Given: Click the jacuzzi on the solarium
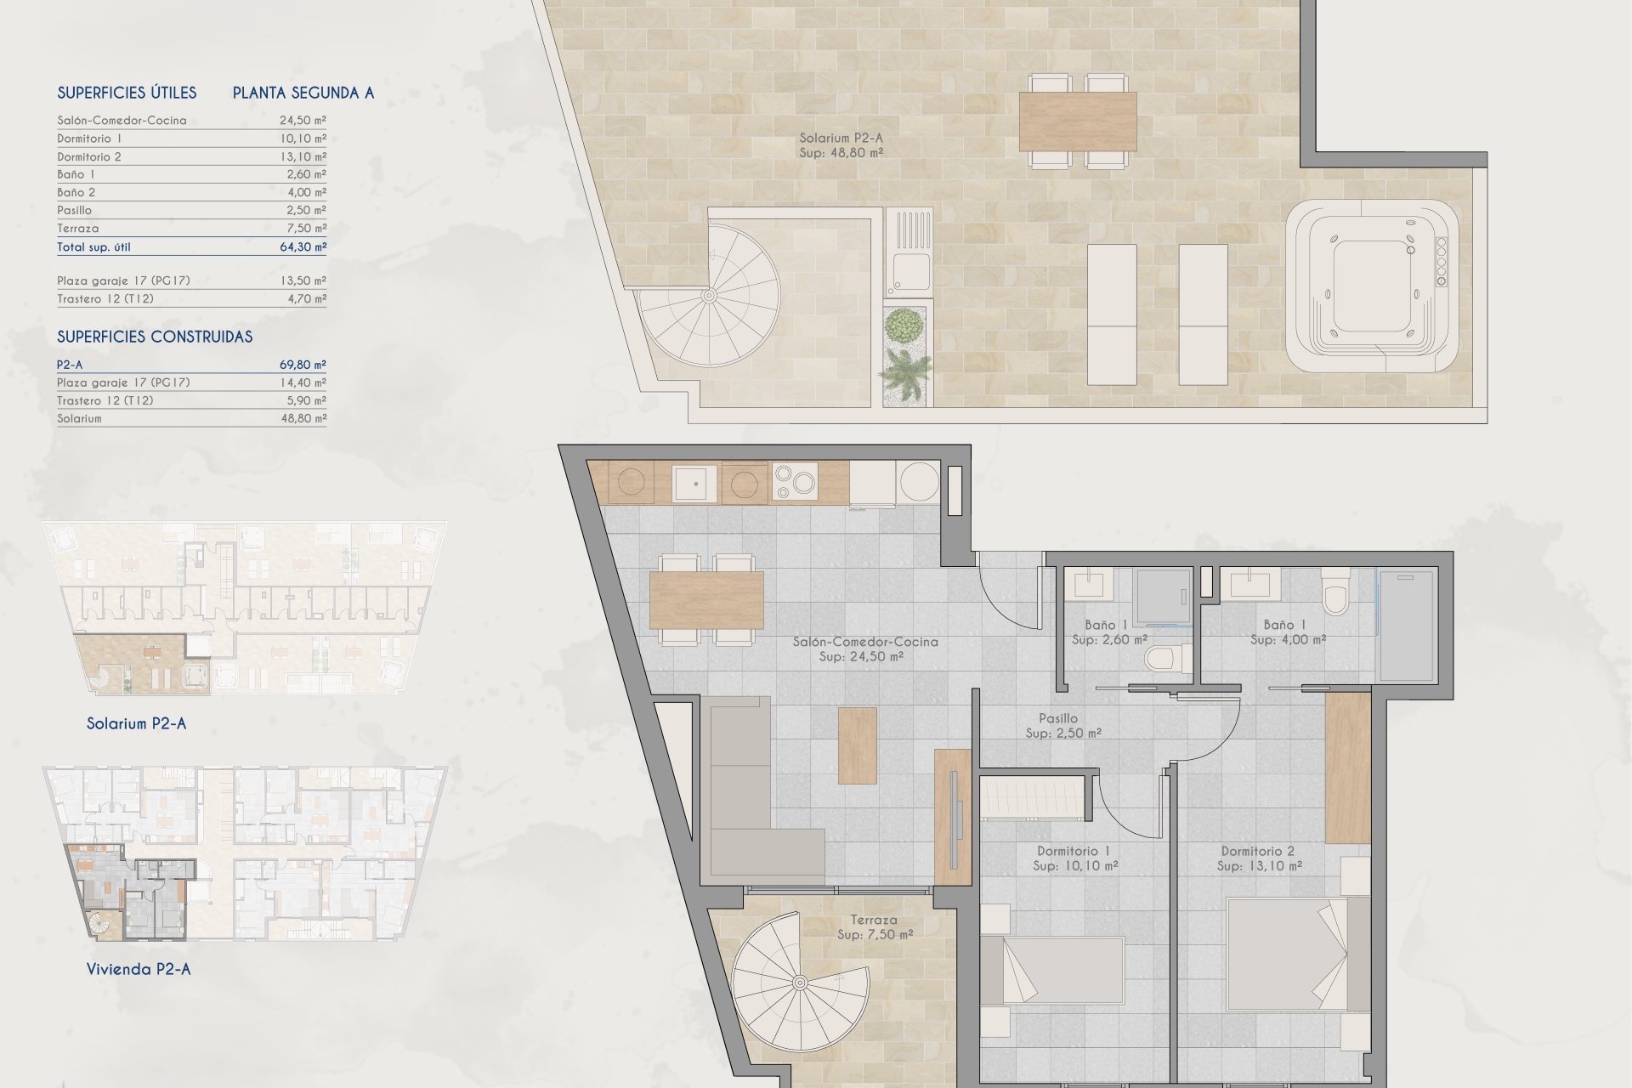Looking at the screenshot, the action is (x=1372, y=286).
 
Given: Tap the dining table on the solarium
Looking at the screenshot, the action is (x=1078, y=121).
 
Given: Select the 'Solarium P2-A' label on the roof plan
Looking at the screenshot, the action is (x=841, y=138).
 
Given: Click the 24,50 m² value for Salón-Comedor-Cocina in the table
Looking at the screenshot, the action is (x=303, y=121).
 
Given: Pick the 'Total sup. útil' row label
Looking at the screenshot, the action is (x=94, y=247).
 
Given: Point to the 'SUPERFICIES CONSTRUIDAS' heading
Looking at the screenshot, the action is (x=155, y=337).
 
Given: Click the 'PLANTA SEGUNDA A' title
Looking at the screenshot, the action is (x=303, y=93).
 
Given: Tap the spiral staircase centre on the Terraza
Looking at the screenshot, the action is (x=800, y=983).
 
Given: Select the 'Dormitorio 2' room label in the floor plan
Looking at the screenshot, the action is (x=1258, y=851).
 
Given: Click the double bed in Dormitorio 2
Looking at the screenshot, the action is (x=1299, y=954).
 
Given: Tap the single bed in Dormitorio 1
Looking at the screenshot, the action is (x=1052, y=971).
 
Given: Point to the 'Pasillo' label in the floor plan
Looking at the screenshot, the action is (x=1058, y=718).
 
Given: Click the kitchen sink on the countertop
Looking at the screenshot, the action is (x=695, y=484).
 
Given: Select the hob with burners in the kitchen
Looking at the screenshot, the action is (x=795, y=482).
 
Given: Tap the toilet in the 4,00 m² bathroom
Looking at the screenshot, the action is (x=1336, y=592).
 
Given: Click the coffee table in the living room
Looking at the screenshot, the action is (x=858, y=745).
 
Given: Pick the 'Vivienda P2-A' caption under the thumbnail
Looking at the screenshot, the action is (x=139, y=969).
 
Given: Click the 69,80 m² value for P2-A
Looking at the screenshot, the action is (x=303, y=365).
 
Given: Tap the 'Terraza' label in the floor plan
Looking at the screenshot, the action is (x=874, y=920).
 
